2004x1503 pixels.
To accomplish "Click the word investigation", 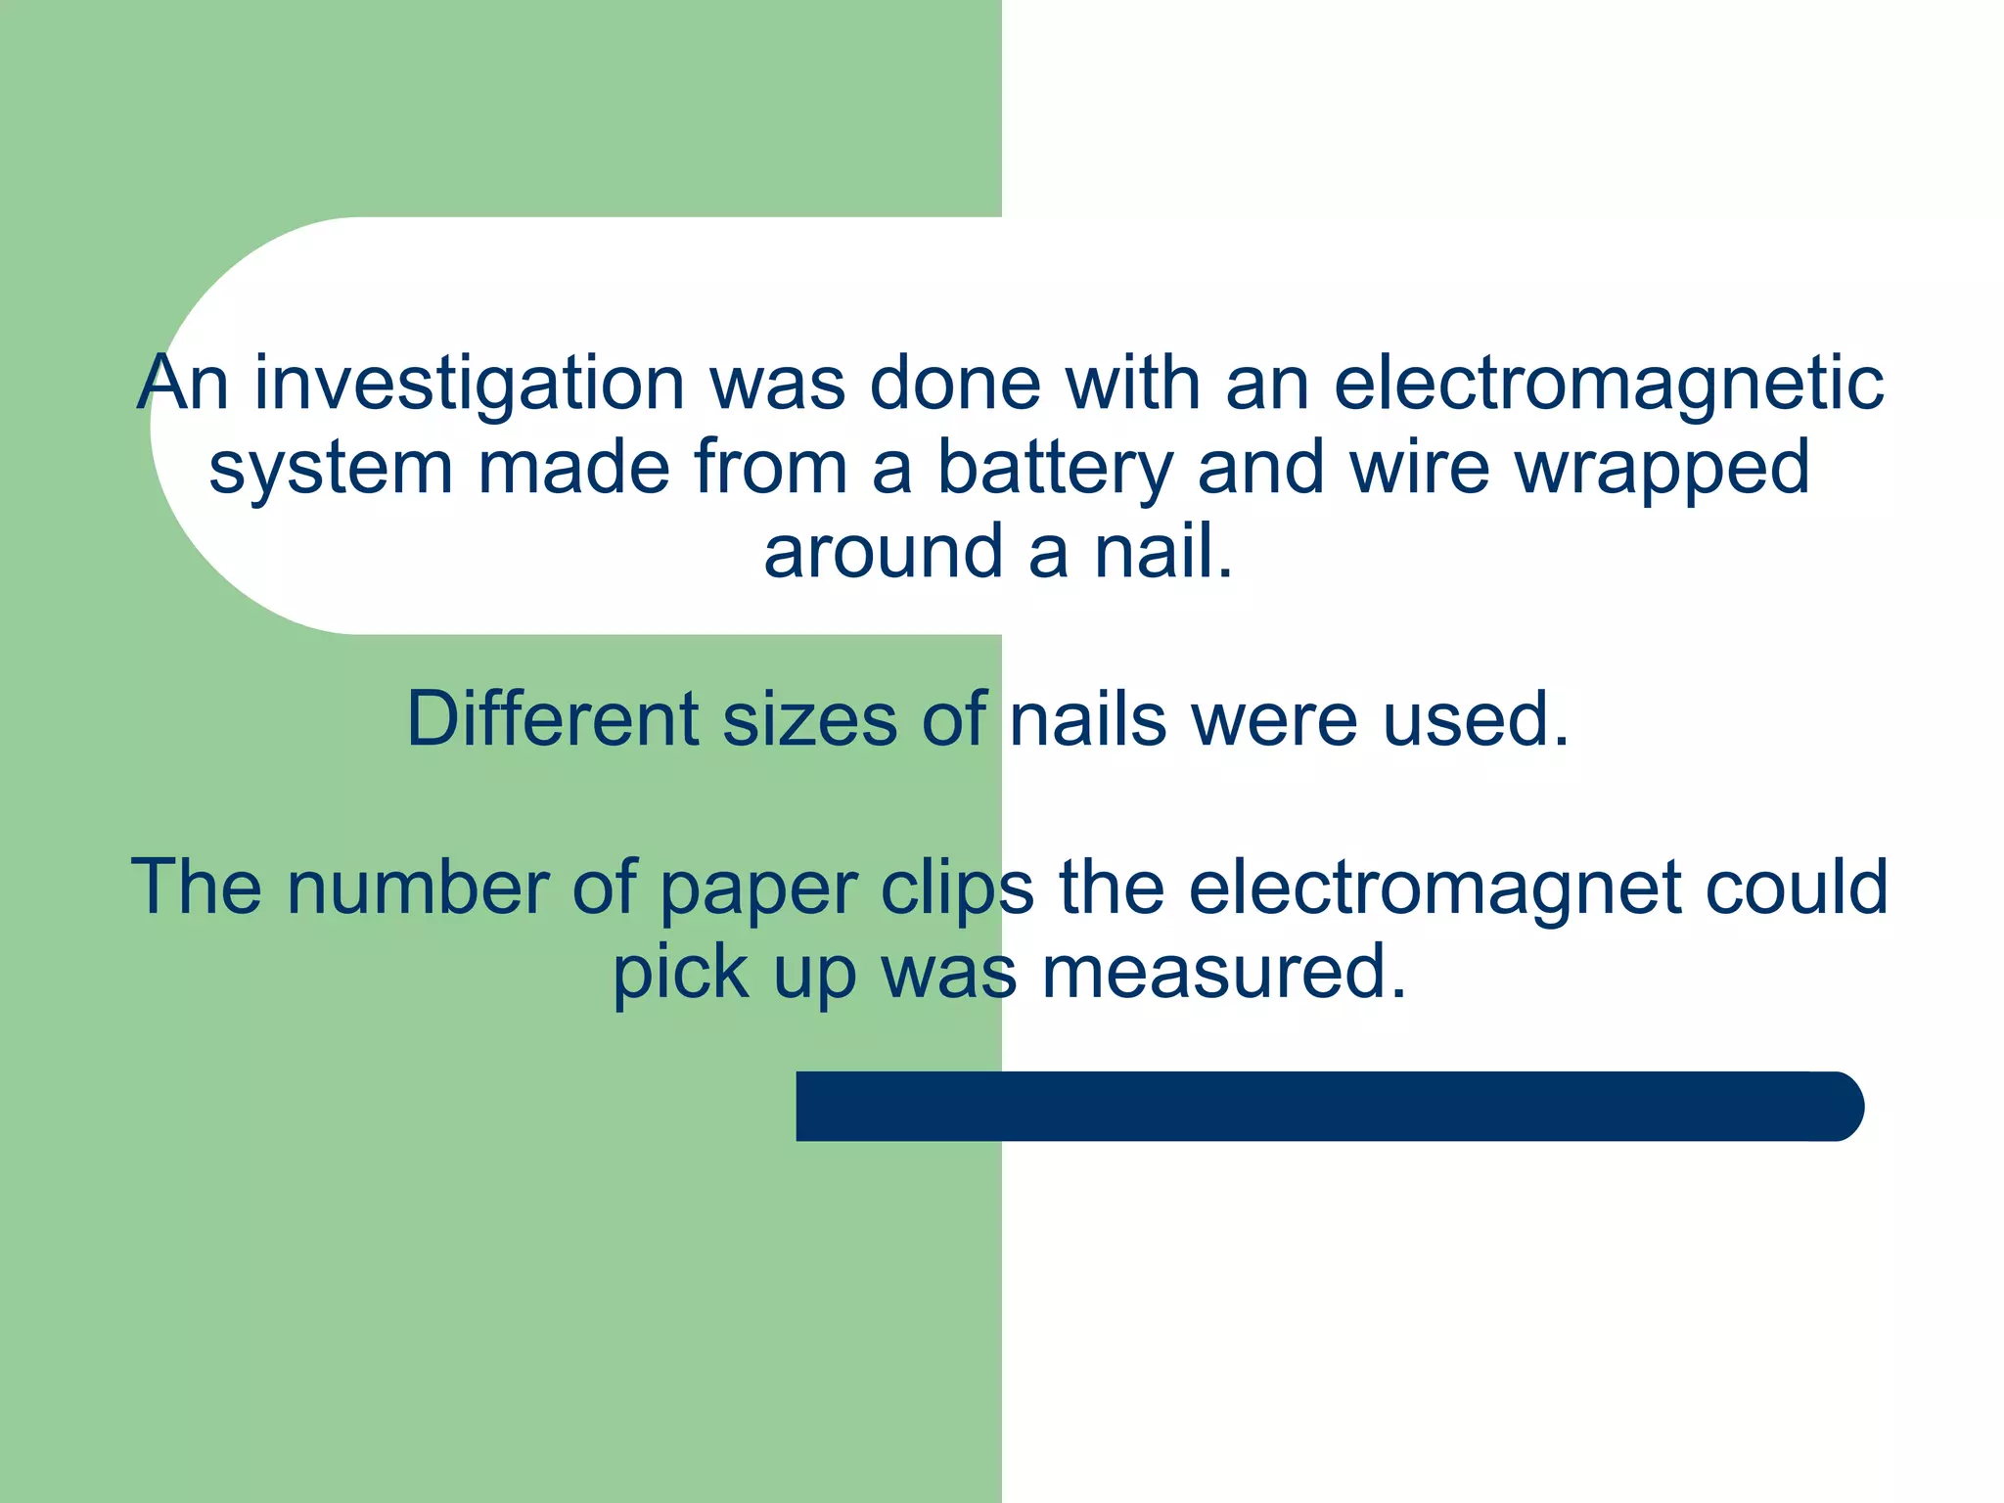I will click(470, 385).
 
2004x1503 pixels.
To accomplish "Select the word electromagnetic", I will click(1608, 385).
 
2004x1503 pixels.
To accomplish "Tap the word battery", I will click(1055, 468).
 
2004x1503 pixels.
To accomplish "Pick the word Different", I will click(552, 719).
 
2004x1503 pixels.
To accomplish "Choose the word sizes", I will click(809, 719).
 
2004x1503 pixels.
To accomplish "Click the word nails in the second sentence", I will click(1087, 719).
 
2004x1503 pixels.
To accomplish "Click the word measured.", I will click(1223, 972).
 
